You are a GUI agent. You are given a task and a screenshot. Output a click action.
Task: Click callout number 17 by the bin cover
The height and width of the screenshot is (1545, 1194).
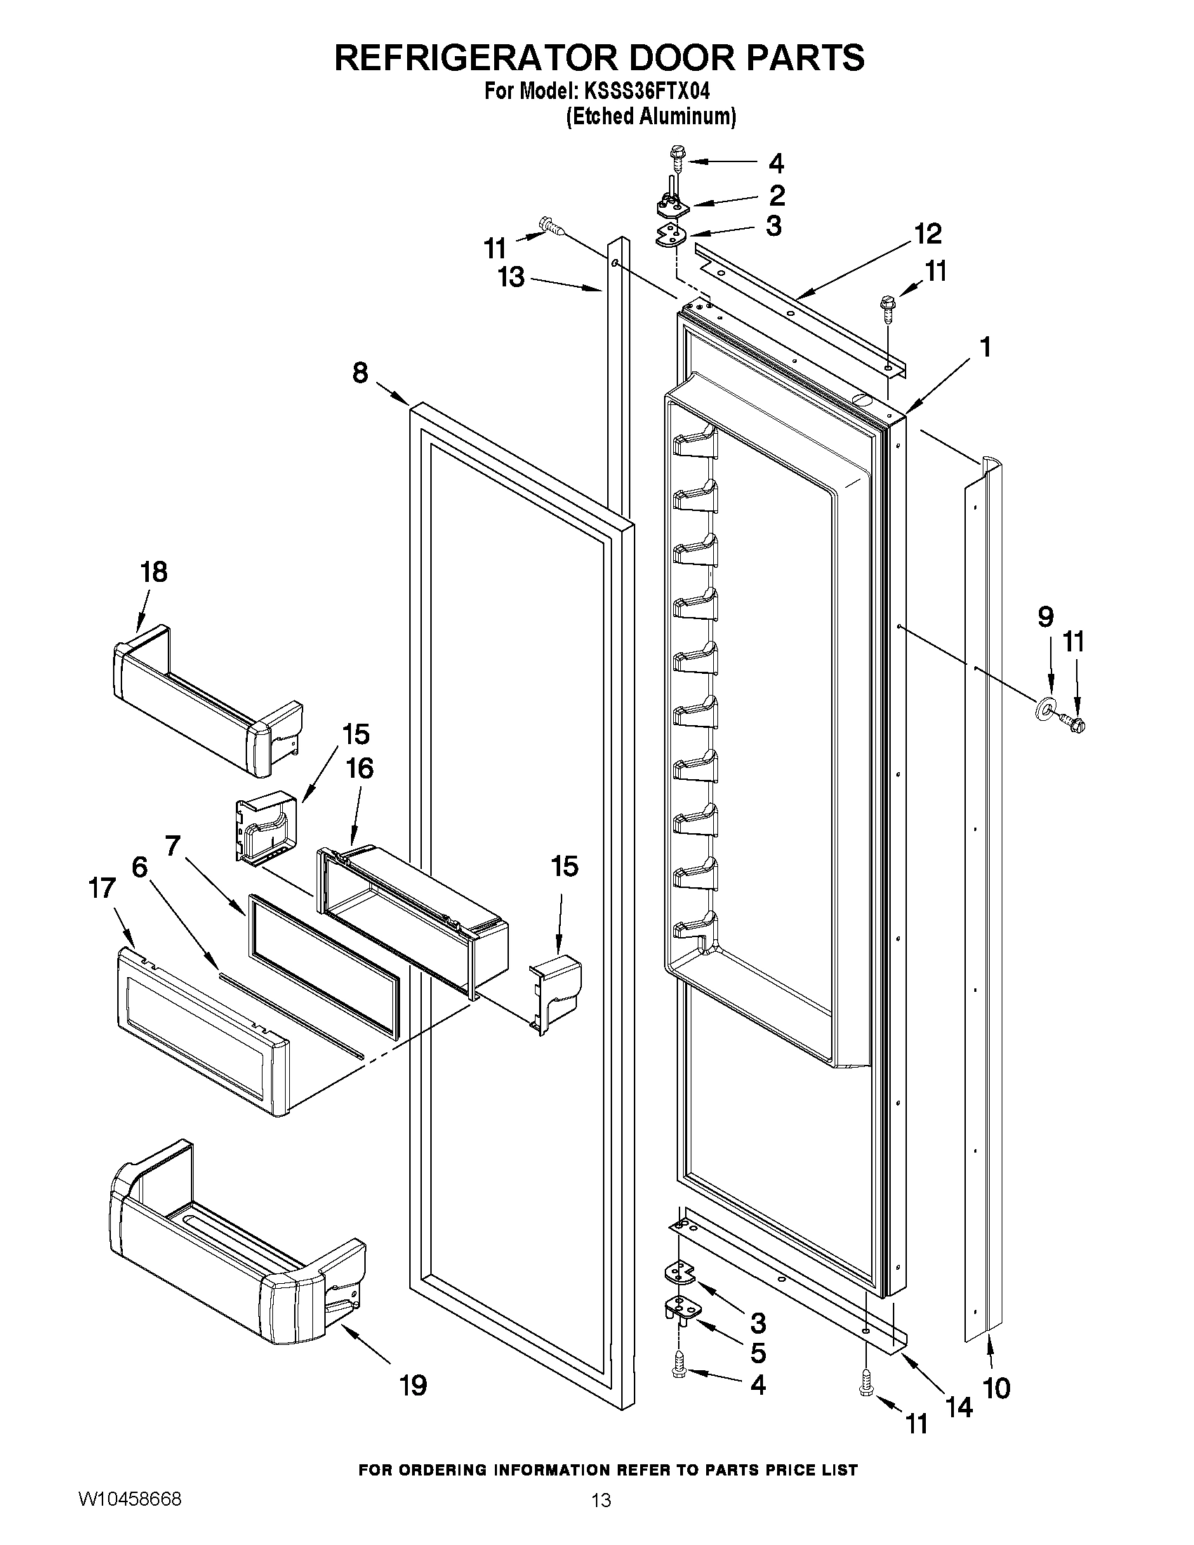pyautogui.click(x=102, y=888)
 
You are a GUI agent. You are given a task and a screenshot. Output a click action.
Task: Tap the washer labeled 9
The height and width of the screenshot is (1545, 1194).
pyautogui.click(x=1045, y=710)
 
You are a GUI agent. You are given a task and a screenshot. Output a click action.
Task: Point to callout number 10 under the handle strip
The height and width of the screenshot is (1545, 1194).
pyautogui.click(x=997, y=1388)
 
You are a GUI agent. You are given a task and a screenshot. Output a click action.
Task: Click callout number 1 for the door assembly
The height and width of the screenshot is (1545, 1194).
pyautogui.click(x=984, y=348)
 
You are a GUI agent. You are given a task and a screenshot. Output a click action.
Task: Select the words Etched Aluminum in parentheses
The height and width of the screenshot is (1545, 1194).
pyautogui.click(x=651, y=116)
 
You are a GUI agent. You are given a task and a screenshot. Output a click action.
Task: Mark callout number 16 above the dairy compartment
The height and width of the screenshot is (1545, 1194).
pyautogui.click(x=360, y=768)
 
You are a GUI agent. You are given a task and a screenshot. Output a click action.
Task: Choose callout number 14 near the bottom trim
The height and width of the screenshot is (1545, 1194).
pyautogui.click(x=959, y=1407)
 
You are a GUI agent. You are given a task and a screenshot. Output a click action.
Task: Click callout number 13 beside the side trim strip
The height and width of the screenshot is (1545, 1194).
pyautogui.click(x=510, y=277)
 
